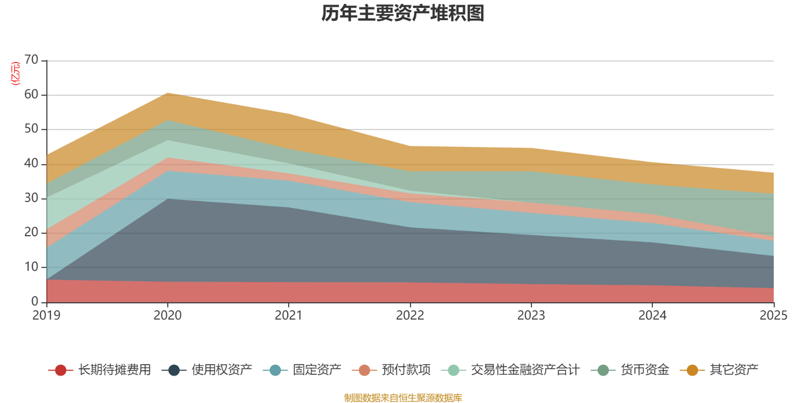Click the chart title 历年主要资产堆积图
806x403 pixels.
(x=403, y=14)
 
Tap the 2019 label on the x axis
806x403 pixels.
(x=46, y=315)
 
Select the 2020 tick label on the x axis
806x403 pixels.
(x=168, y=315)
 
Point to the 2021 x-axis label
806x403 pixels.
(x=289, y=315)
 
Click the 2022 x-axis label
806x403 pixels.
(x=410, y=315)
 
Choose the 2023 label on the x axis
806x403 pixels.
(x=531, y=315)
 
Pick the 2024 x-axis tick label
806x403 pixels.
(x=652, y=315)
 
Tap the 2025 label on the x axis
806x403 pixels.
(x=773, y=315)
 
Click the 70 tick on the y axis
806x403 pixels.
(x=31, y=60)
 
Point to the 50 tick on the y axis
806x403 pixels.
(x=31, y=129)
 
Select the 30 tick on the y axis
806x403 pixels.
(x=31, y=198)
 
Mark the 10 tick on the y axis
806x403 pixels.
(x=31, y=267)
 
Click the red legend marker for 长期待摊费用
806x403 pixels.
(x=60, y=370)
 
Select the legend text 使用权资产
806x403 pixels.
(x=222, y=370)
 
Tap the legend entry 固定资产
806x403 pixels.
(x=316, y=370)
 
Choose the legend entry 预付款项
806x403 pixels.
(x=406, y=370)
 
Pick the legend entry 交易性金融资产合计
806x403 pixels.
(x=525, y=370)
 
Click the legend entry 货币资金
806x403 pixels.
(x=645, y=370)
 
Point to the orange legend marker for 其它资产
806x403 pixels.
(x=692, y=370)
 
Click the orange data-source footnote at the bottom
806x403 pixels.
(x=403, y=398)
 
